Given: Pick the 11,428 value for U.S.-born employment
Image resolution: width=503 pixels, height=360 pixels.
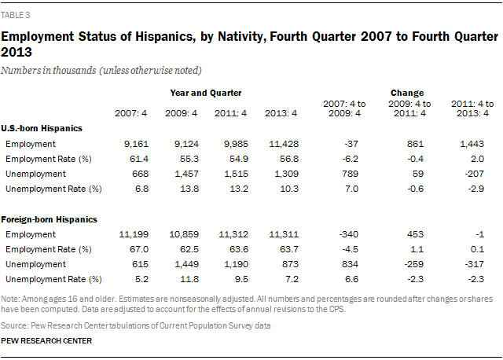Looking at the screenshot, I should coord(280,144).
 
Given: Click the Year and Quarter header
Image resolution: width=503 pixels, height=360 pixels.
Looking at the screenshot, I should coord(206,92).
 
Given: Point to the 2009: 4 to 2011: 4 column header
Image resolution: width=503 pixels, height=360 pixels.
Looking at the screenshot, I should coord(406,108).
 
